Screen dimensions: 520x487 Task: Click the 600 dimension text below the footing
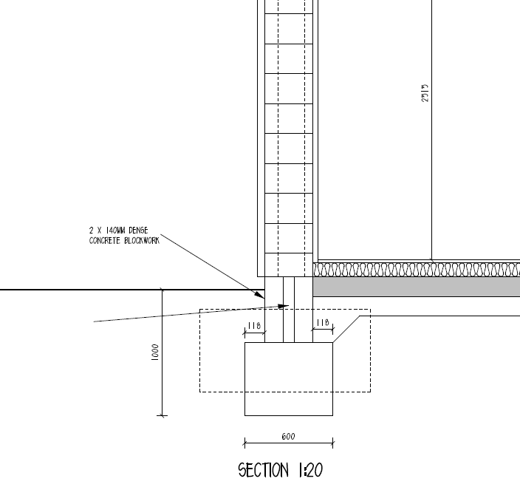(x=288, y=437)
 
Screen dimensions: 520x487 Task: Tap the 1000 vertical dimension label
(x=155, y=353)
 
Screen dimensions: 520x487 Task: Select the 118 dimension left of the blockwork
(x=254, y=326)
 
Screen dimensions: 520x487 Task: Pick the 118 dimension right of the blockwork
(x=323, y=322)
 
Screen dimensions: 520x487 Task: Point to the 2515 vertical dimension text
(x=425, y=93)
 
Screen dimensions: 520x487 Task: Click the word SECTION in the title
(x=264, y=471)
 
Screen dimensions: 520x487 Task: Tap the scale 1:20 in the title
(x=311, y=471)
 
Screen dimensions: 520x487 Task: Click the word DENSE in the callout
(x=138, y=231)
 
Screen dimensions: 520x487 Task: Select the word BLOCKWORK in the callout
(x=142, y=240)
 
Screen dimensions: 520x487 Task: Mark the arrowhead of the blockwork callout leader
(x=260, y=295)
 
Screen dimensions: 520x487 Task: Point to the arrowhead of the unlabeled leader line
(x=284, y=306)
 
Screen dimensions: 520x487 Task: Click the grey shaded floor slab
(x=417, y=287)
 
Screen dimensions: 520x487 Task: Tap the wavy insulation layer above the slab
(x=417, y=270)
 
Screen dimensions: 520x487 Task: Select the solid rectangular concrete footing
(x=289, y=379)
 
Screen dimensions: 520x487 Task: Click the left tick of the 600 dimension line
(x=244, y=443)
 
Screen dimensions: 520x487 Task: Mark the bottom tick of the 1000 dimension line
(x=162, y=415)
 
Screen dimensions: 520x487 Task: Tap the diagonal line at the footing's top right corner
(x=346, y=329)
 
